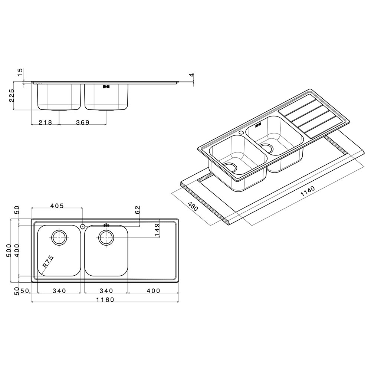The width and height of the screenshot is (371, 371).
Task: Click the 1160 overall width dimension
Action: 105,300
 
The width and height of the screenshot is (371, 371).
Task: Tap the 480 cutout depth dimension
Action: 193,206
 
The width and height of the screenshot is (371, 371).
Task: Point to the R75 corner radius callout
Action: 48,262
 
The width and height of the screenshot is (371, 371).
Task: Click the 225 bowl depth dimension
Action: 12,95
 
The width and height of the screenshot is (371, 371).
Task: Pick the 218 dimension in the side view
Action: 45,122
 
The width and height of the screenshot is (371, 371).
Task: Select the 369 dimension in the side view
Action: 83,122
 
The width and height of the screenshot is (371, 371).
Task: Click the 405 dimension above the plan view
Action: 57,206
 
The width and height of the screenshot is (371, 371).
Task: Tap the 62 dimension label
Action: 138,210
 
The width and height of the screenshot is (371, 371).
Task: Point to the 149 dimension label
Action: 157,230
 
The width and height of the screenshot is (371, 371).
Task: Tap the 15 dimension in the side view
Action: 20,72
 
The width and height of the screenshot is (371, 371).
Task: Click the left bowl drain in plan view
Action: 59,237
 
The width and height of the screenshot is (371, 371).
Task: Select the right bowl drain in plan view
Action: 106,237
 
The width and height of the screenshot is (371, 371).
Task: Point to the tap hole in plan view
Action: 83,226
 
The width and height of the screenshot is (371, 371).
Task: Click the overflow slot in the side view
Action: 106,86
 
